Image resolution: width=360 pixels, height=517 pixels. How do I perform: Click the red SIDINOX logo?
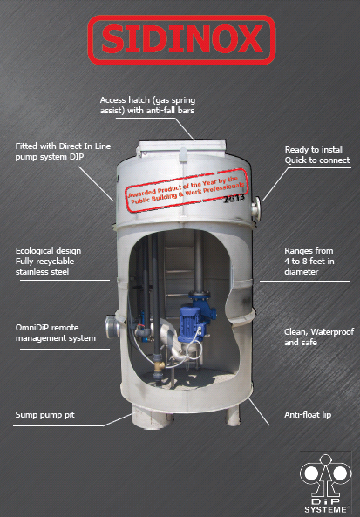(x=181, y=40)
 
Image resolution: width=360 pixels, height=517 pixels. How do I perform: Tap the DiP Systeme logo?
(x=325, y=483)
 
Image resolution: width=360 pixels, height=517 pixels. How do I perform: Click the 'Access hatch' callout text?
(x=147, y=105)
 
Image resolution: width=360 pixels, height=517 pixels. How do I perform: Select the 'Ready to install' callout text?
(x=317, y=154)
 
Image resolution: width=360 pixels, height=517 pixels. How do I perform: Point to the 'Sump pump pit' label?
(x=44, y=414)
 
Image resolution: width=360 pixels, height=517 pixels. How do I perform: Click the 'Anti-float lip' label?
(x=308, y=414)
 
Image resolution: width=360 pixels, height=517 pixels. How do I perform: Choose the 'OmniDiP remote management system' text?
(x=56, y=333)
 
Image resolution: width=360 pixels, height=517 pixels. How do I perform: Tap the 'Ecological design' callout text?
(x=48, y=262)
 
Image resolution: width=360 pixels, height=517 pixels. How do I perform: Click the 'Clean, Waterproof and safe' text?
(x=319, y=337)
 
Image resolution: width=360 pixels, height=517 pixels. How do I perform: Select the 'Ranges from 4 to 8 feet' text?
(x=309, y=262)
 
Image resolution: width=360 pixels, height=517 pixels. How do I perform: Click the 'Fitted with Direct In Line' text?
(x=63, y=151)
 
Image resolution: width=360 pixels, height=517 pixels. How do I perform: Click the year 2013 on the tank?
(x=234, y=198)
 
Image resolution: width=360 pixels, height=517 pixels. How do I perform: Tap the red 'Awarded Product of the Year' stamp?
(x=187, y=190)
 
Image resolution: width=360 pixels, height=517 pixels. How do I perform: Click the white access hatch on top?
(x=181, y=148)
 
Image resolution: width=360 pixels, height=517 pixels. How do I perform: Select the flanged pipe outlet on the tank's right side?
(x=256, y=208)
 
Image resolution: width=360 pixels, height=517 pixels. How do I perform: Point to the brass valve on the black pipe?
(x=160, y=365)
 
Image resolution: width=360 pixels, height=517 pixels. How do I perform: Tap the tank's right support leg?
(x=233, y=416)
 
